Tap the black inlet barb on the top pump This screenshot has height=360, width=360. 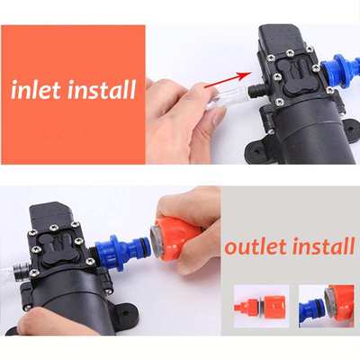tap(256, 91)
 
